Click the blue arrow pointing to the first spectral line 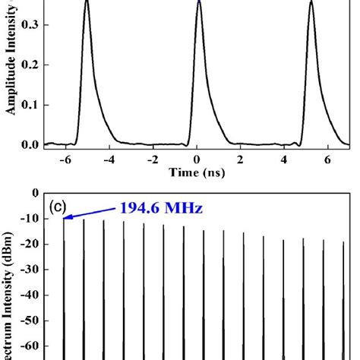(90, 211)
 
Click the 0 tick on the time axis (197, 159)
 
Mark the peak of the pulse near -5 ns (87, 2)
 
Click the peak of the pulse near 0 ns (199, 2)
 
